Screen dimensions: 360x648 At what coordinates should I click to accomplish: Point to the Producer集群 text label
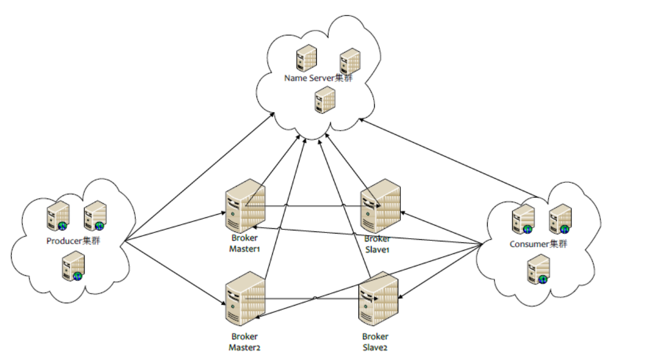click(x=73, y=241)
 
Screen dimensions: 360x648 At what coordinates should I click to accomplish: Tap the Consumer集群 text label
click(x=538, y=244)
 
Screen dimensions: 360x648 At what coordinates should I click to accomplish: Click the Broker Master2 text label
click(x=244, y=342)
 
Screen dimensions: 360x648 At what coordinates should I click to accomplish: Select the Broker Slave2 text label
click(x=375, y=342)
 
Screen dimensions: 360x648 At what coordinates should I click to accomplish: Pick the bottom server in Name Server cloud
click(x=325, y=99)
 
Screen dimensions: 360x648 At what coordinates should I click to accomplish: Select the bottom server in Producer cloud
click(x=73, y=266)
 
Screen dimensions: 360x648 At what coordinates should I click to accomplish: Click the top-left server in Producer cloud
click(x=57, y=215)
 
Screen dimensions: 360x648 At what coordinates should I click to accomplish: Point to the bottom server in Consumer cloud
click(x=538, y=269)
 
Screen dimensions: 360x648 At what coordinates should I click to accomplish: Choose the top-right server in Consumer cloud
click(x=560, y=218)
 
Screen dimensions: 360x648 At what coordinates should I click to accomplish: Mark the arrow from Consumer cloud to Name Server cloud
click(x=449, y=159)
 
